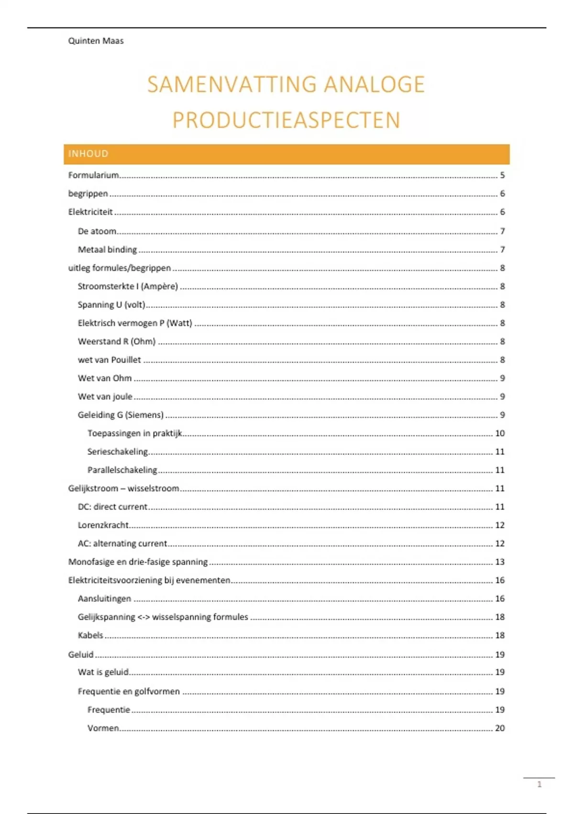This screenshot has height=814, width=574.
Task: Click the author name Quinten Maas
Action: pyautogui.click(x=96, y=41)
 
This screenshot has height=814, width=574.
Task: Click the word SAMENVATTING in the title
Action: pyautogui.click(x=232, y=84)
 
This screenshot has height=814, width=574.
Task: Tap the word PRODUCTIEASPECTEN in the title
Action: pyautogui.click(x=286, y=120)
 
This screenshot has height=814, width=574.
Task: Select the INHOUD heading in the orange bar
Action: pyautogui.click(x=88, y=154)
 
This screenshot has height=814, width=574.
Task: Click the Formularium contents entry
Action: pyautogui.click(x=93, y=175)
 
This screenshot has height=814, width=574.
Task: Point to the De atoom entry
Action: pyautogui.click(x=97, y=231)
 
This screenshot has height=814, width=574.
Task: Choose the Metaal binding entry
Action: pyautogui.click(x=107, y=249)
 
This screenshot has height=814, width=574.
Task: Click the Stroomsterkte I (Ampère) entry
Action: pyautogui.click(x=128, y=286)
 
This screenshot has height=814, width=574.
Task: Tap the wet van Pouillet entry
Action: pyautogui.click(x=109, y=360)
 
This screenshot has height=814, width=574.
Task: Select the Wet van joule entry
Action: pyautogui.click(x=105, y=396)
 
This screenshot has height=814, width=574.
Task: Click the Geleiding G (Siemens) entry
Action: pyautogui.click(x=121, y=415)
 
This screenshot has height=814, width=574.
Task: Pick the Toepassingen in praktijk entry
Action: pyautogui.click(x=134, y=433)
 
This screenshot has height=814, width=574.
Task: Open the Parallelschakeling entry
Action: pyautogui.click(x=122, y=470)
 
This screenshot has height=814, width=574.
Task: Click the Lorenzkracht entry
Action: pyautogui.click(x=103, y=525)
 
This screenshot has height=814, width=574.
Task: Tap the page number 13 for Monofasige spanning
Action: pyautogui.click(x=500, y=562)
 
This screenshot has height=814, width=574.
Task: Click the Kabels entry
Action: pyautogui.click(x=90, y=635)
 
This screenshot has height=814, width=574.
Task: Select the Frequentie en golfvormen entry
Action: pyautogui.click(x=129, y=691)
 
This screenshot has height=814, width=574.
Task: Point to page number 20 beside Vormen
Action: pyautogui.click(x=500, y=728)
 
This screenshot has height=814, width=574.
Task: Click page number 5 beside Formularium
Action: pyautogui.click(x=502, y=175)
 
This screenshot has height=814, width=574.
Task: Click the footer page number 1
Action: pyautogui.click(x=540, y=784)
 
